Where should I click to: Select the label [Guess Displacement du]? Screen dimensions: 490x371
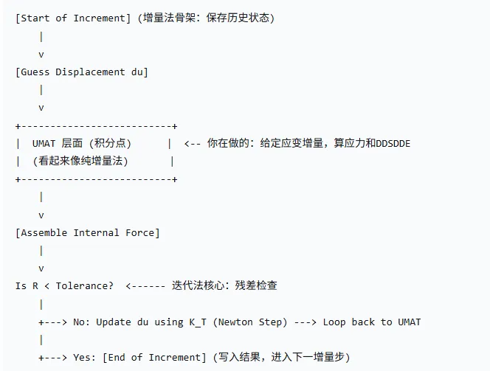tap(81, 72)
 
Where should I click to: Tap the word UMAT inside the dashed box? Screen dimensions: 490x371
tap(46, 143)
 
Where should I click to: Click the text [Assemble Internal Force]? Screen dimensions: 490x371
tap(87, 232)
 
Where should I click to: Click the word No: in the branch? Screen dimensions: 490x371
tap(81, 322)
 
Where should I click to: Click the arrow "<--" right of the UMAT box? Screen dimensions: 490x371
tap(192, 143)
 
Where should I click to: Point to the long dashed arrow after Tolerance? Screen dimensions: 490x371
tap(145, 285)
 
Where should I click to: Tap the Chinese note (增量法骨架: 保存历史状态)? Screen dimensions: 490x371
tap(207, 18)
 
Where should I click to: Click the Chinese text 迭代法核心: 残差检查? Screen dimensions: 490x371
tap(224, 285)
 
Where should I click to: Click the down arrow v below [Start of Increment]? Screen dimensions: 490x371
tap(41, 54)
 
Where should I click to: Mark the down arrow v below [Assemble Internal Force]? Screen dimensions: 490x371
tap(41, 268)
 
